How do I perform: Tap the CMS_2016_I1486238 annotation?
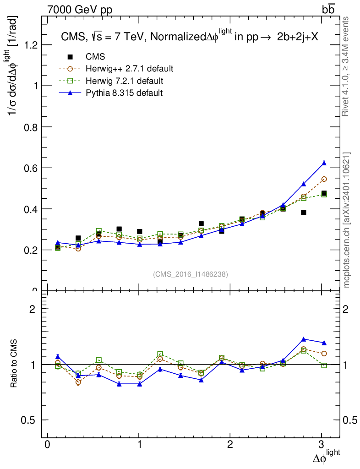pyautogui.click(x=191, y=274)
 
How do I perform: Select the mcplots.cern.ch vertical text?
pyautogui.click(x=347, y=220)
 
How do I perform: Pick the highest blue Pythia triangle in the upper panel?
pyautogui.click(x=324, y=163)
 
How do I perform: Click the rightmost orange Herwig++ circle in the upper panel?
pyautogui.click(x=324, y=179)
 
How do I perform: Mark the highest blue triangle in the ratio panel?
pyautogui.click(x=303, y=339)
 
